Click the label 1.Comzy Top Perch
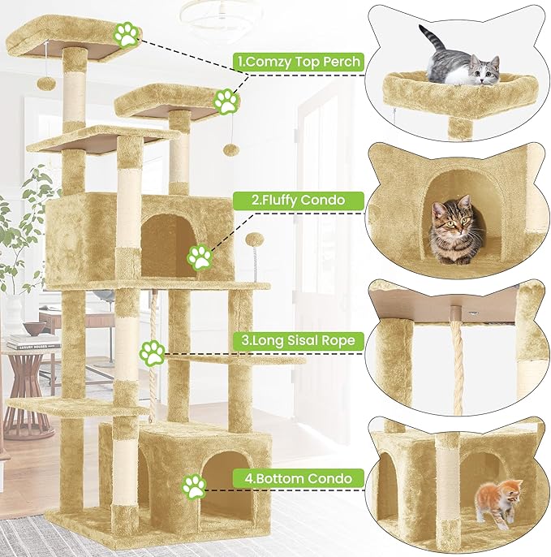pyautogui.click(x=297, y=62)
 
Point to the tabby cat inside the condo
pyautogui.click(x=452, y=231)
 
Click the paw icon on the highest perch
pyautogui.click(x=126, y=35)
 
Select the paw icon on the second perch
pyautogui.click(x=226, y=101)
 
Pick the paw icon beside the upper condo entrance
pyautogui.click(x=200, y=257)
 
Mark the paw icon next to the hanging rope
pyautogui.click(x=152, y=352)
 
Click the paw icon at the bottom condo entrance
pyautogui.click(x=194, y=486)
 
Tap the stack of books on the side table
pyautogui.click(x=32, y=343)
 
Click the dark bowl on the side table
pyautogui.click(x=34, y=328)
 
